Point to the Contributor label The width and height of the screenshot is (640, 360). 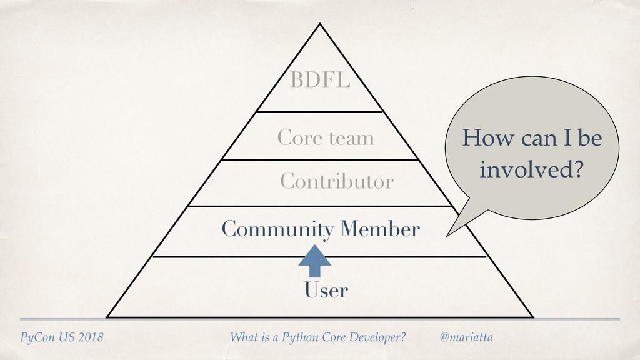(x=337, y=182)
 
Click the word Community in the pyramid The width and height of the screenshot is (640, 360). (x=277, y=231)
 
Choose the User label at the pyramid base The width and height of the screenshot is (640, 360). (x=326, y=291)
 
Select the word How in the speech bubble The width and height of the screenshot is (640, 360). (x=484, y=139)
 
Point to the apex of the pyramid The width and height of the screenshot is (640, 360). (x=320, y=25)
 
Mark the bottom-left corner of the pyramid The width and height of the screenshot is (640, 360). (x=107, y=316)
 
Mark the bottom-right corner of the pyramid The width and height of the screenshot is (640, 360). (x=532, y=316)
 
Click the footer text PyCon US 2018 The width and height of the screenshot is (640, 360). (x=61, y=338)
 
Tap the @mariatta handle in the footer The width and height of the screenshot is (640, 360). (x=466, y=338)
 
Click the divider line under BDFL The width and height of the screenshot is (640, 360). (x=319, y=112)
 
